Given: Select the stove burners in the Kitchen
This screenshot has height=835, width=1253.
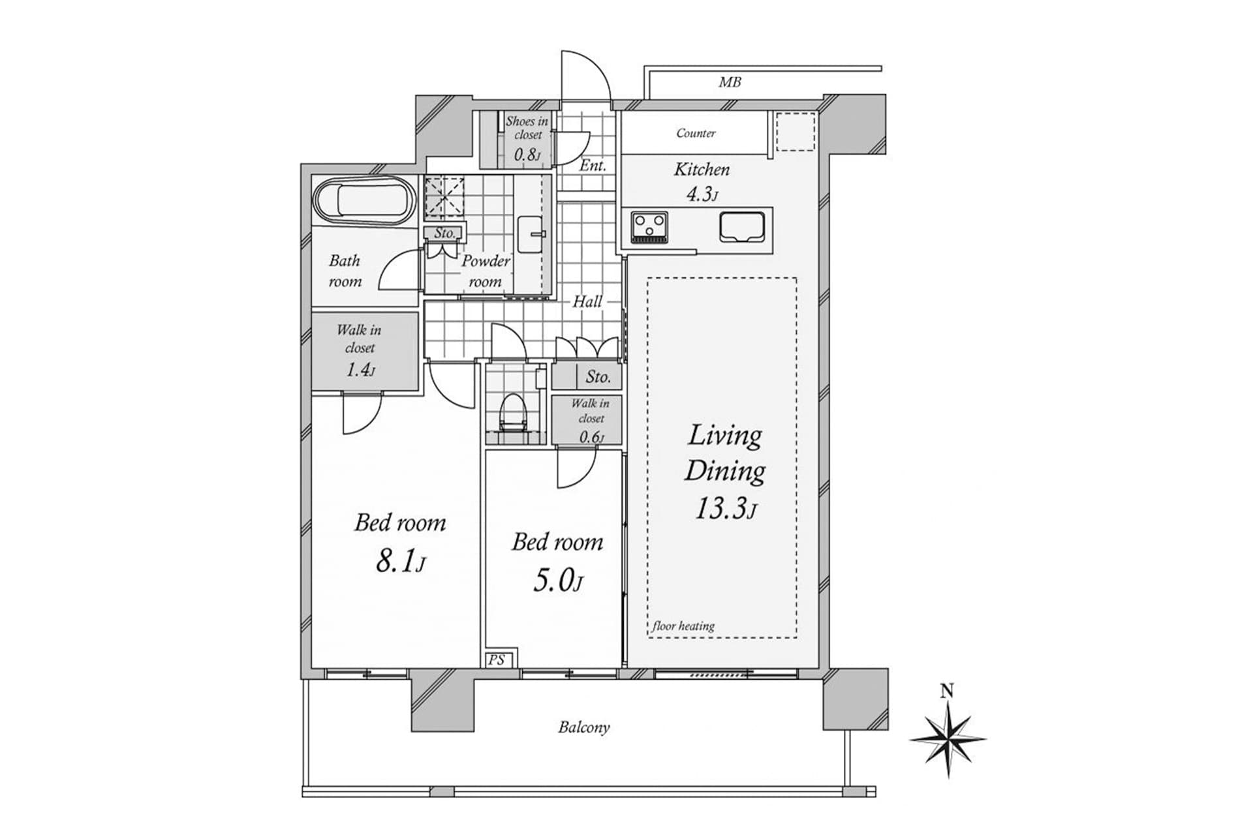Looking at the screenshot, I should point(650,227).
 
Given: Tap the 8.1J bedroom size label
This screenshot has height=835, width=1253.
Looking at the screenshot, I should point(400,561).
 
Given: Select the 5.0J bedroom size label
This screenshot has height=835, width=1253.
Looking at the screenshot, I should point(557,580).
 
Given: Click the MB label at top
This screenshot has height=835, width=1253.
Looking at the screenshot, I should point(730,83).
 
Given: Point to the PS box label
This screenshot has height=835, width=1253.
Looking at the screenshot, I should point(497,660).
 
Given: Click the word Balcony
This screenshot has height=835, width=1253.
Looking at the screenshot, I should point(583,727).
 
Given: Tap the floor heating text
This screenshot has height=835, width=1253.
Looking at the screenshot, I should point(683,626).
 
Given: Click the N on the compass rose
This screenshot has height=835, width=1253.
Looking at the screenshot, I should point(948,691).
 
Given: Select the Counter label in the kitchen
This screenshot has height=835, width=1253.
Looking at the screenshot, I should point(696,133).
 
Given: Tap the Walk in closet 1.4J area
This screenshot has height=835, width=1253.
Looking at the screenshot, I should point(360,351).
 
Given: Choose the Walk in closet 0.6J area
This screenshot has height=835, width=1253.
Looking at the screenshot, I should point(591,421).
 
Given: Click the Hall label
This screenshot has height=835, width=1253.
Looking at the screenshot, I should point(587,301).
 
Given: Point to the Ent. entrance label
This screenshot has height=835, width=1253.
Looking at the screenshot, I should point(593,166).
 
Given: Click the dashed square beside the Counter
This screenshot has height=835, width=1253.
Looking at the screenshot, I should point(795,132).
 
